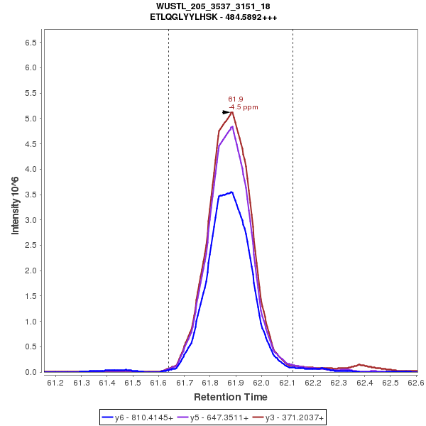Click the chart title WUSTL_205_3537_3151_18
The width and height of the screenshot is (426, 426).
[213, 6]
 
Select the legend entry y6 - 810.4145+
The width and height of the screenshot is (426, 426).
[143, 418]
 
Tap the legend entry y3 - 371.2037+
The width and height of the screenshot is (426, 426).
[289, 418]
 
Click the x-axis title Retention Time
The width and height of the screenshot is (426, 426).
[231, 396]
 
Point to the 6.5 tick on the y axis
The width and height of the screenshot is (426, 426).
[31, 43]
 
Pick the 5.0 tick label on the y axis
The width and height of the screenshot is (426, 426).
[31, 119]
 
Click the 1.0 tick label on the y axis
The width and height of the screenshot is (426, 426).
[31, 322]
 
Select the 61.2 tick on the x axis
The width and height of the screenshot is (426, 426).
[55, 383]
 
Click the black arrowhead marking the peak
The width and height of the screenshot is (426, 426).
[226, 112]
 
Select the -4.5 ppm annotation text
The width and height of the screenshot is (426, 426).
[243, 107]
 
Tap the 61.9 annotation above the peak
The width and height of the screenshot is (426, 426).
[236, 99]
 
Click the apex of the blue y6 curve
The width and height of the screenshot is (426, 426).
[231, 192]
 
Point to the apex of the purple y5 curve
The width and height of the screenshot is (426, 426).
[232, 126]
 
